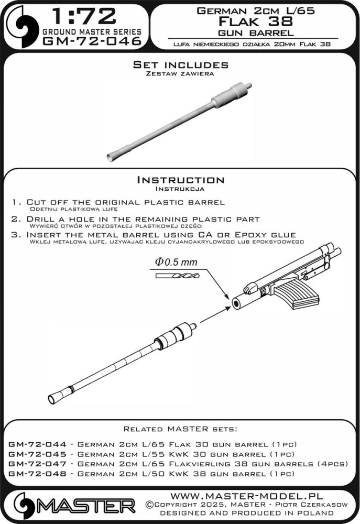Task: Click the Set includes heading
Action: tap(180, 65)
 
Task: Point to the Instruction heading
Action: tap(180, 180)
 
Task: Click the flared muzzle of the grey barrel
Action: tap(112, 156)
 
